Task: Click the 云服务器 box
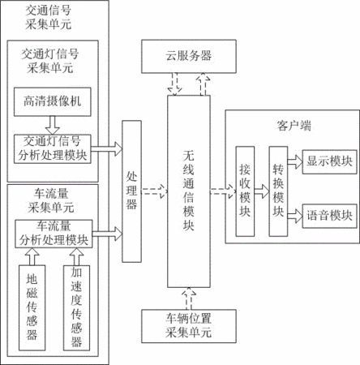[x=189, y=56]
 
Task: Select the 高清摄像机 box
[x=53, y=102]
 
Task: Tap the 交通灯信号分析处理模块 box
[x=53, y=149]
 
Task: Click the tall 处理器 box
[x=131, y=191]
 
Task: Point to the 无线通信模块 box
[x=189, y=191]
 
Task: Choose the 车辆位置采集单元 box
[x=189, y=326]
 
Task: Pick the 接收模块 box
[x=245, y=191]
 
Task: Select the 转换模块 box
[x=278, y=191]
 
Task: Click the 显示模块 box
[x=329, y=161]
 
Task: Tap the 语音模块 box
[x=329, y=216]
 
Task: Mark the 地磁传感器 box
[x=32, y=308]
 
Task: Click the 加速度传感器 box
[x=76, y=308]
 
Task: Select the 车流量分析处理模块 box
[x=54, y=234]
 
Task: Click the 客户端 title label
[x=294, y=126]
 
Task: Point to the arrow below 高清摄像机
[x=53, y=126]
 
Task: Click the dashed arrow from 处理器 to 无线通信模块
[x=155, y=191]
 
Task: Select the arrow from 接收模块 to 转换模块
[x=262, y=191]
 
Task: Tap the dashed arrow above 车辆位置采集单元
[x=189, y=298]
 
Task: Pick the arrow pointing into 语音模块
[x=295, y=216]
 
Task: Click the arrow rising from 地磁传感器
[x=32, y=256]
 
